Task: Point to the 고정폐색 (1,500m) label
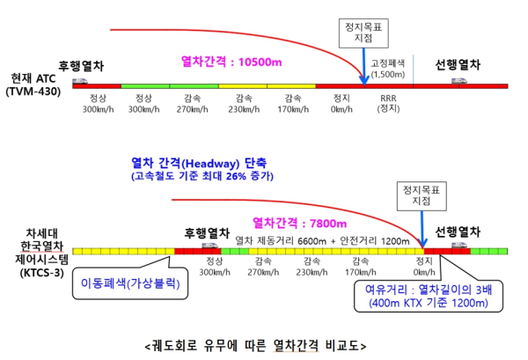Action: (x=388, y=70)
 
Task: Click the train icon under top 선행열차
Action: (x=458, y=81)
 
